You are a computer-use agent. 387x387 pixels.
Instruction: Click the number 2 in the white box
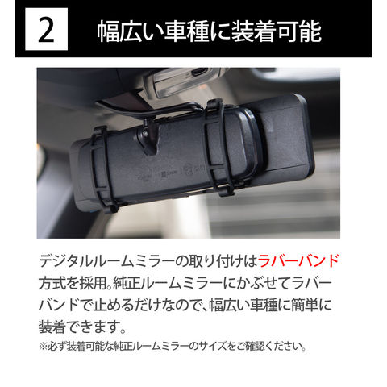(46, 29)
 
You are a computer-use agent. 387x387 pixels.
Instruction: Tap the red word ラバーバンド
(298, 261)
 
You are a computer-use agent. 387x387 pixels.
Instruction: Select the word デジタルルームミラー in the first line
(106, 261)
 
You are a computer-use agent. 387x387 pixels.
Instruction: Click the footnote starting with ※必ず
(173, 346)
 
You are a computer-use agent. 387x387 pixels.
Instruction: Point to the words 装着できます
(80, 327)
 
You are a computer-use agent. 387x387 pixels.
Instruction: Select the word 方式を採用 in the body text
(73, 284)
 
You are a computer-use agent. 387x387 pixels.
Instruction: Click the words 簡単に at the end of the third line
(311, 306)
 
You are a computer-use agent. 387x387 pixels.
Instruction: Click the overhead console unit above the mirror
(179, 81)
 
